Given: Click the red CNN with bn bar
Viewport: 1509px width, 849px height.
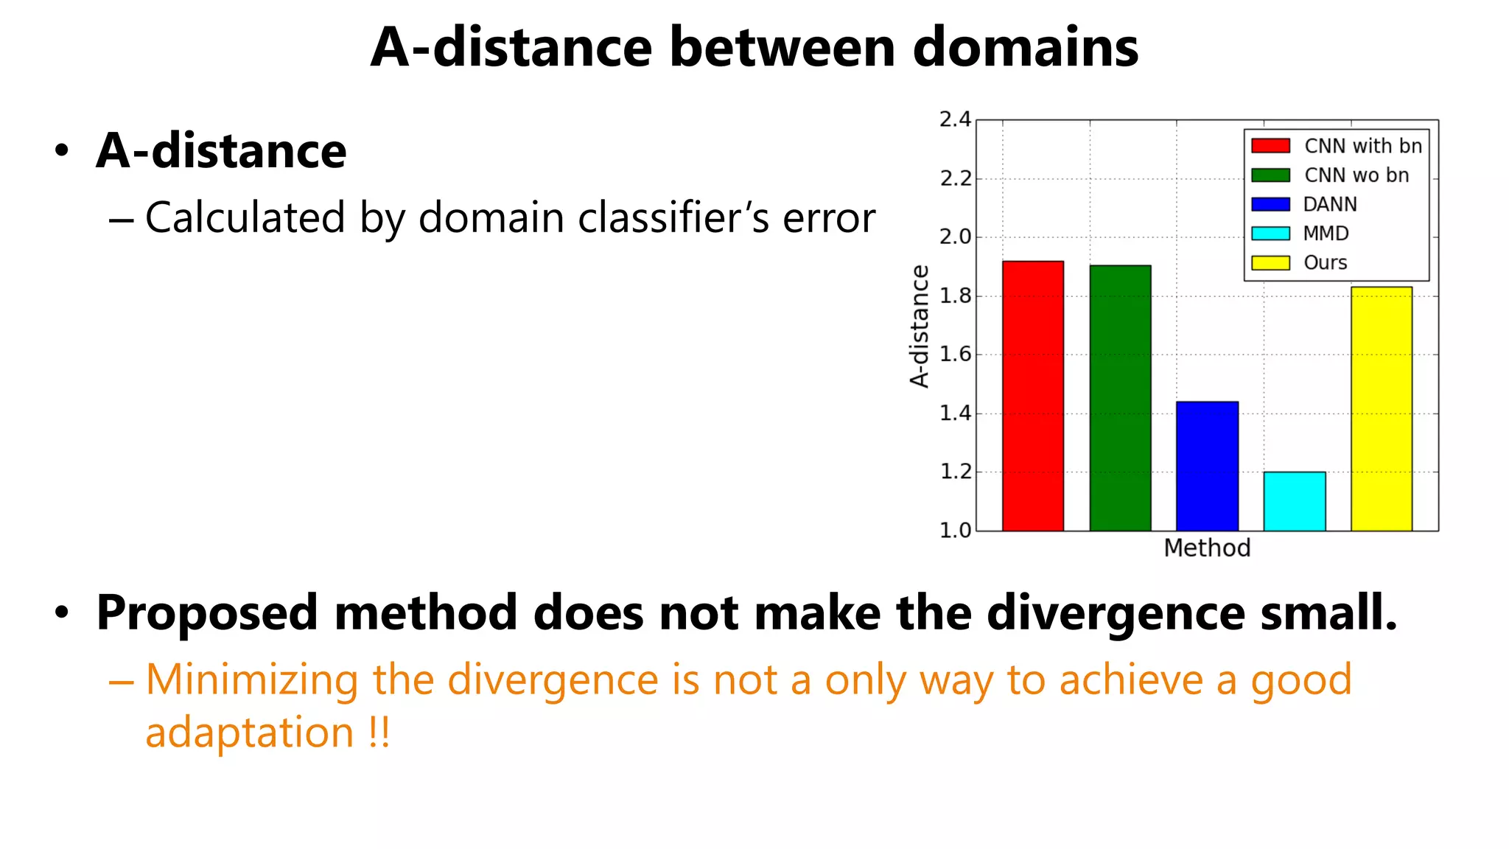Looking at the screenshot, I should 1032,396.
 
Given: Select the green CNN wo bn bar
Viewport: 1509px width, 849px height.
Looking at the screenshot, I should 1120,398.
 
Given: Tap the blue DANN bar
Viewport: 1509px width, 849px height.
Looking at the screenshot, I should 1207,466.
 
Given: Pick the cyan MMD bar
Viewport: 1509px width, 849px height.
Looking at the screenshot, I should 1294,501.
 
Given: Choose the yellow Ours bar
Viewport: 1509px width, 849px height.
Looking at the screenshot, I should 1381,408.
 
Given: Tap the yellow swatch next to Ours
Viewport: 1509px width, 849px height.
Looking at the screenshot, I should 1270,263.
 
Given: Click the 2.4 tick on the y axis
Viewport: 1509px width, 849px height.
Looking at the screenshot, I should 955,119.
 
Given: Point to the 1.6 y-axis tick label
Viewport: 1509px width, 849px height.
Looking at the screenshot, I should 955,354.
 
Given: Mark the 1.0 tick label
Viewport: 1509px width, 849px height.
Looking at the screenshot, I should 955,531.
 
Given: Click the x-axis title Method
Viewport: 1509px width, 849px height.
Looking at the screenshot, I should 1207,548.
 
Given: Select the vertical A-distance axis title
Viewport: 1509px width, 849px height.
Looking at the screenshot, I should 920,326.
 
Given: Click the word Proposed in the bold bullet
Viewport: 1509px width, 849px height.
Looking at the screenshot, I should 206,613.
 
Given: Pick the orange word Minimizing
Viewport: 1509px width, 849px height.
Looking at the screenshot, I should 251,679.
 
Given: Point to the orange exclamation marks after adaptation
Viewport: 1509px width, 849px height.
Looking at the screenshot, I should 379,733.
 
